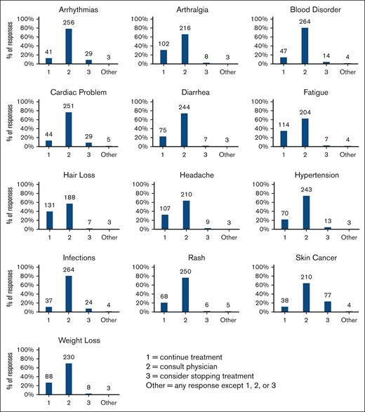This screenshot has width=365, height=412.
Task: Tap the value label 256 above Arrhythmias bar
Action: [x=68, y=22]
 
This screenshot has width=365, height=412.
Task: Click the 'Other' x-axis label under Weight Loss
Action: [x=107, y=404]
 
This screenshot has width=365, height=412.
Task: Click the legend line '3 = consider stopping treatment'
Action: [x=201, y=377]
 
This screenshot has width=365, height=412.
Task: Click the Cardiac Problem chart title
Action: [x=68, y=92]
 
